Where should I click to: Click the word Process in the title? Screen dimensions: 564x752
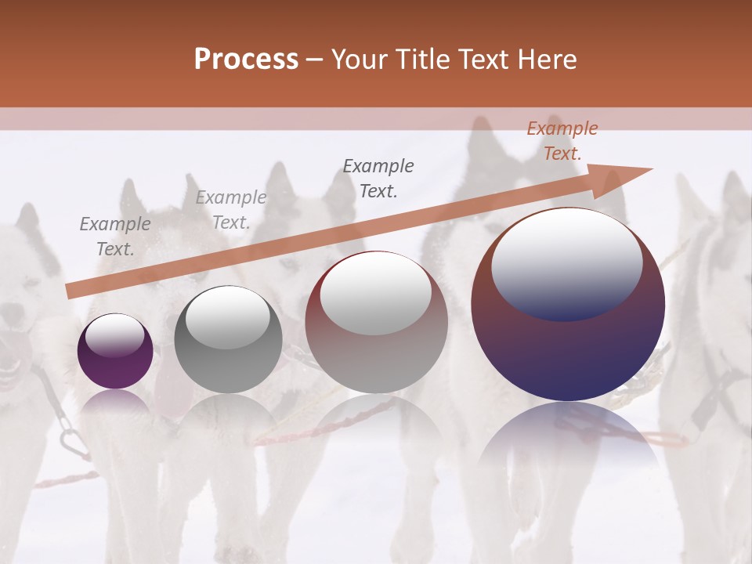coord(246,60)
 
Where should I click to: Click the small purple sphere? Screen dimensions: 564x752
coord(115,352)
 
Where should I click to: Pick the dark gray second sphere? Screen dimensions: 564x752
coord(227,340)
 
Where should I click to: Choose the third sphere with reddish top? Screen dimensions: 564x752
coord(376,323)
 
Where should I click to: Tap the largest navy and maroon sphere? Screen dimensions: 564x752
coord(568,305)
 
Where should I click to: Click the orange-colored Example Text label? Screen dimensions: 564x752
coord(562,141)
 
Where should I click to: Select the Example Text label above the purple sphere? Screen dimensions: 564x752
coord(115,237)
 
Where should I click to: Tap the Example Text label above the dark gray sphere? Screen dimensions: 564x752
coord(230,210)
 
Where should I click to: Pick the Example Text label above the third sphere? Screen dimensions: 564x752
coord(378,178)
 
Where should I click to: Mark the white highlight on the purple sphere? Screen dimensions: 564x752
coord(114,335)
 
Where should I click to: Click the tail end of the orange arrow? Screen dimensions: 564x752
coord(70,291)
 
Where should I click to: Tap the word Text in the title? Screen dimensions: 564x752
coord(486,60)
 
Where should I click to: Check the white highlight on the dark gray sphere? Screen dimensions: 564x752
coord(227,317)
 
